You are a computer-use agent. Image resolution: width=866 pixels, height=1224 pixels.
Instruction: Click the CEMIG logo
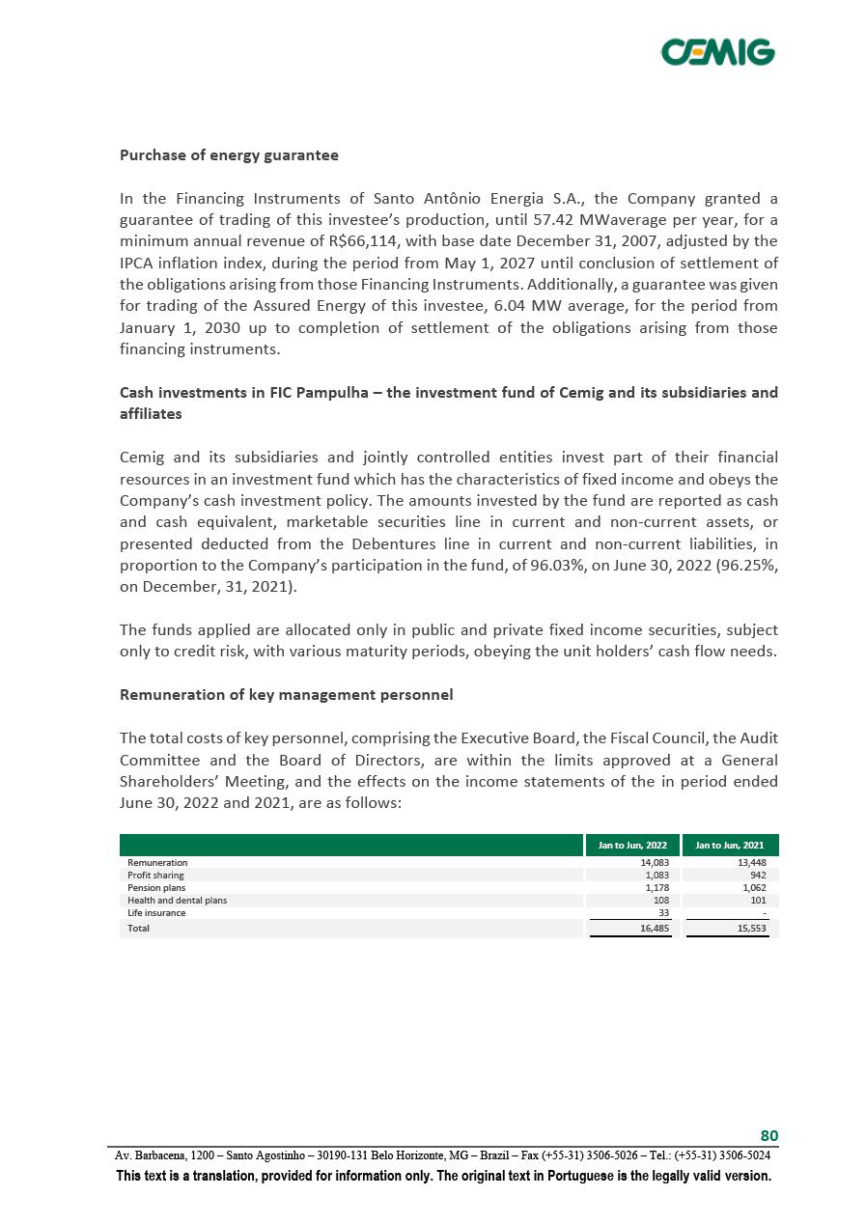(717, 51)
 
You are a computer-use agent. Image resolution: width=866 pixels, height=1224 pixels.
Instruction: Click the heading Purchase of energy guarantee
(229, 154)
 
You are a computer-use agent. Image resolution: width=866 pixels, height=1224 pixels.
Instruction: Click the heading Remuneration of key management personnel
(286, 694)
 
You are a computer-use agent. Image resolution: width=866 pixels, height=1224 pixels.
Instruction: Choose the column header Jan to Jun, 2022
(632, 846)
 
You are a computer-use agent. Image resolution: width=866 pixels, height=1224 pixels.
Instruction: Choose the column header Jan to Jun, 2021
(730, 846)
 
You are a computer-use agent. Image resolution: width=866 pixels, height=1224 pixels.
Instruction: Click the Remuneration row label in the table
(157, 862)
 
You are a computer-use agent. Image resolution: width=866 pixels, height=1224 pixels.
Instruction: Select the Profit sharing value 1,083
(656, 875)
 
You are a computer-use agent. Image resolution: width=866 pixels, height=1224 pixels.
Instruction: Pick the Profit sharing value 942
(757, 875)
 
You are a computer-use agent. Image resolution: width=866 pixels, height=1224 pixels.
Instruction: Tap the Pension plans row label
(156, 887)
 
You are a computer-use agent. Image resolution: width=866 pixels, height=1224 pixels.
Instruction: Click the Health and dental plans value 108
(661, 900)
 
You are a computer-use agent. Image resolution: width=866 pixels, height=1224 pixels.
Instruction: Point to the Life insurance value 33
(663, 912)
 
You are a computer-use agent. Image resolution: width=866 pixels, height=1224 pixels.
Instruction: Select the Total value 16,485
(655, 928)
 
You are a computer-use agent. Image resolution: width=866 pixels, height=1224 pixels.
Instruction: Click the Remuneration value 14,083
(655, 862)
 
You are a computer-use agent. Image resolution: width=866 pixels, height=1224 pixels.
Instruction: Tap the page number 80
(768, 1135)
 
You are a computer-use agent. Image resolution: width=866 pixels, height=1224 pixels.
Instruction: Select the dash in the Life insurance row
(765, 912)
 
